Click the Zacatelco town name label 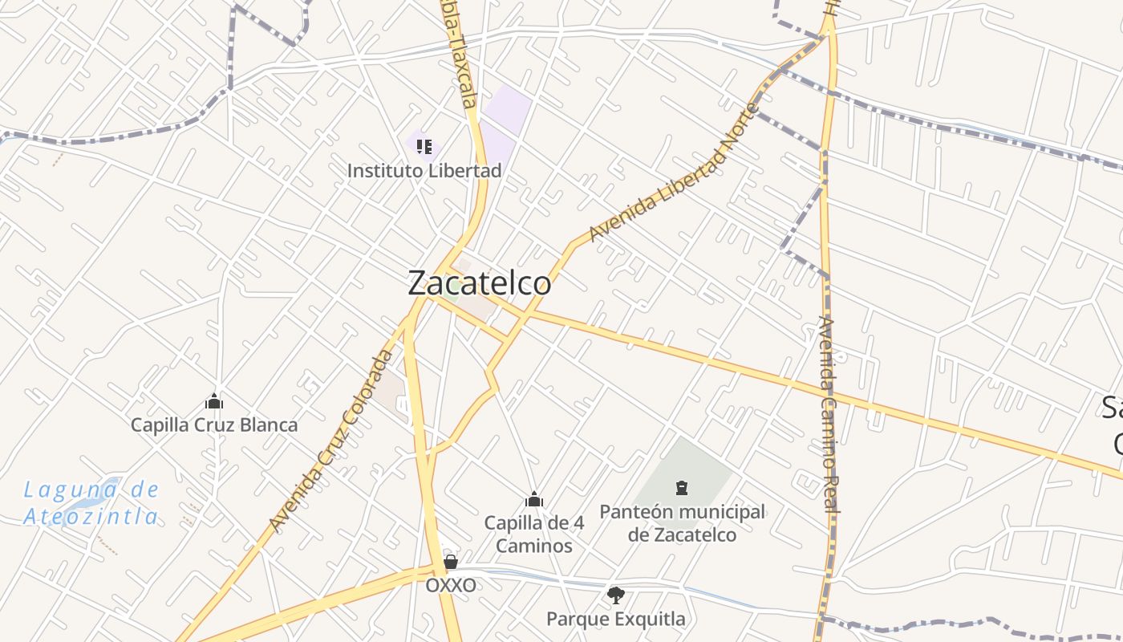479,283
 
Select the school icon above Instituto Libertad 424,147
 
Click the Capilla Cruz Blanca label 214,425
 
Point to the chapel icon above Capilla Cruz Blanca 214,401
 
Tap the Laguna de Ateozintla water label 91,502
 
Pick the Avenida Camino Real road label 829,414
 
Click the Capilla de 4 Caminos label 534,534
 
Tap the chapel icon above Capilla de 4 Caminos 534,500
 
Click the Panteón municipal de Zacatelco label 682,523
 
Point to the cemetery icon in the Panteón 682,487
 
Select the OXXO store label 450,585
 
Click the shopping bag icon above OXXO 451,562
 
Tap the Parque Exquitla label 616,619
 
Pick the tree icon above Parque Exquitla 616,595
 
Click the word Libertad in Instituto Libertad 464,170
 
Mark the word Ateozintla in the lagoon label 91,516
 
